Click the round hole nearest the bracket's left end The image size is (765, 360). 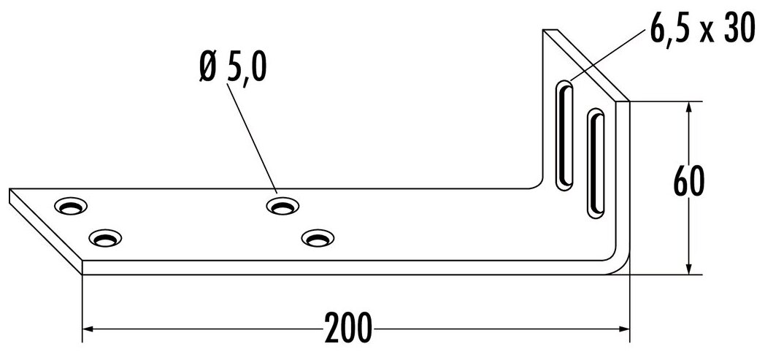(71, 206)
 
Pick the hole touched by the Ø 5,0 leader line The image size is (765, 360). (282, 206)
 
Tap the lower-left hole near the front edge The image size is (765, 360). (105, 238)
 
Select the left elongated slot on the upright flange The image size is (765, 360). (566, 136)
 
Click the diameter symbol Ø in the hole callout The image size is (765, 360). (207, 70)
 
